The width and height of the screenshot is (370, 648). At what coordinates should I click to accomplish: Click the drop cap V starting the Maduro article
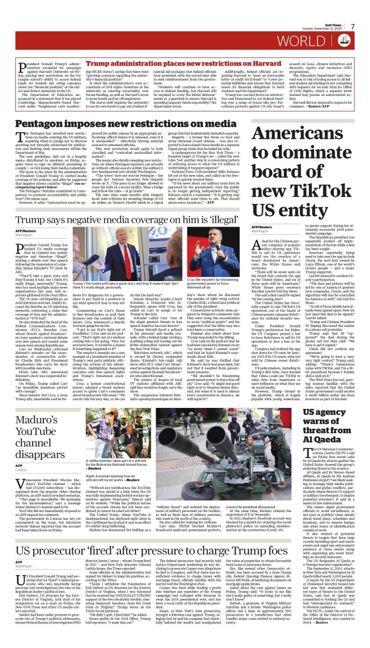22,485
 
